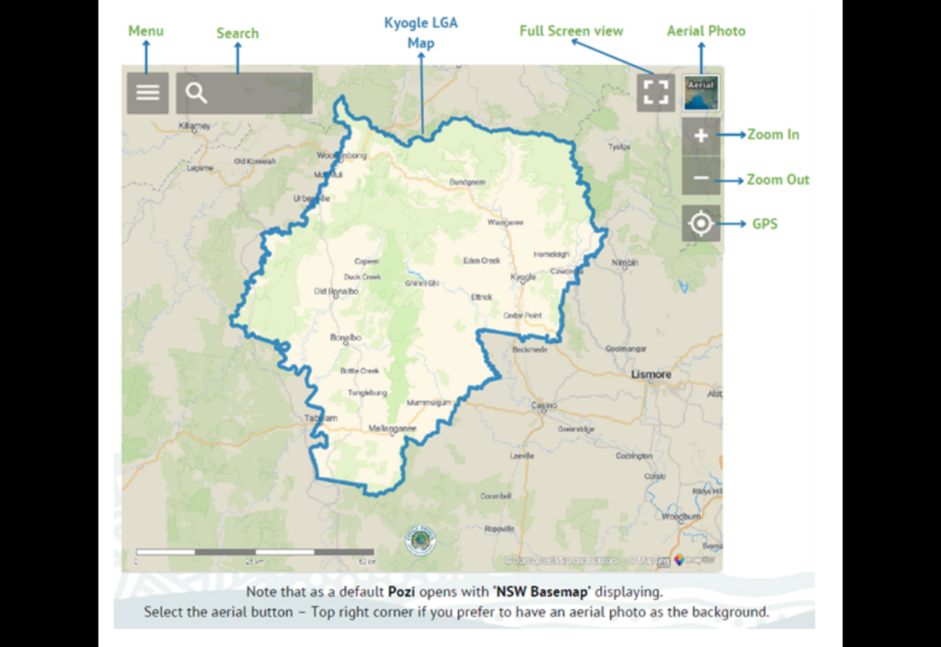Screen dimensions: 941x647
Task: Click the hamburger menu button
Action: [x=147, y=93]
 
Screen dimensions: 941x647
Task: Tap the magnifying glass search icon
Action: [x=196, y=93]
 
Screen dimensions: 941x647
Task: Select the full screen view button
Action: [x=656, y=93]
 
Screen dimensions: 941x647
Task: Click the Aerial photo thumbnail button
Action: [x=701, y=93]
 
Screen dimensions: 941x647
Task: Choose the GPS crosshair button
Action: [x=701, y=224]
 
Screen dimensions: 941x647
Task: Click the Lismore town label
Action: [x=652, y=375]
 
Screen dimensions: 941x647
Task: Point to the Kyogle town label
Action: [x=523, y=278]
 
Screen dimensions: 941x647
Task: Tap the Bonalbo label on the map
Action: [x=345, y=338]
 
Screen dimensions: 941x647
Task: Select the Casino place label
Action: [x=544, y=405]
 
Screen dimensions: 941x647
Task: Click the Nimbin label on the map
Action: [x=625, y=264]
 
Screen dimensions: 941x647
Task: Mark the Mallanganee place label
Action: [x=392, y=428]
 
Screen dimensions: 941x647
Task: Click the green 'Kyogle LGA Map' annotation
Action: [x=420, y=33]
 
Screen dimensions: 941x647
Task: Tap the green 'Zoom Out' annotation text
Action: [x=778, y=180]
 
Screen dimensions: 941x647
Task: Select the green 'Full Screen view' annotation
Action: [x=571, y=31]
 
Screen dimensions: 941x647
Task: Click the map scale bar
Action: [x=255, y=552]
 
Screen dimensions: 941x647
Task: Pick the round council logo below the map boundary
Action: [x=420, y=541]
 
